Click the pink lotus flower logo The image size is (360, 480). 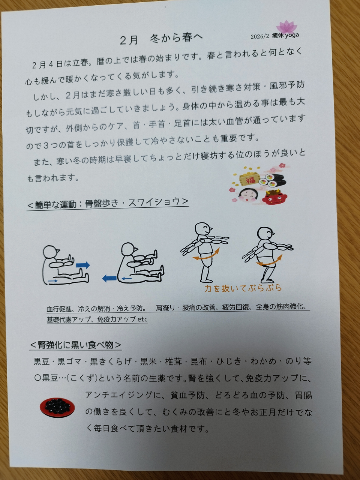[286, 27]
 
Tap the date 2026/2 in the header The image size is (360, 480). [259, 36]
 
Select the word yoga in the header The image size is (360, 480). [292, 36]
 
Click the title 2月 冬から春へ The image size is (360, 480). [161, 39]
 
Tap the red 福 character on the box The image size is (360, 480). [250, 181]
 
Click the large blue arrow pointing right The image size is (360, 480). [83, 265]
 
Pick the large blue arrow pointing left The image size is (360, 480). [109, 278]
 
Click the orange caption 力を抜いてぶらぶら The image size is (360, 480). [243, 288]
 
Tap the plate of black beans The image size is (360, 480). [57, 407]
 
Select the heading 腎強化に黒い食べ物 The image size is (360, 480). [76, 345]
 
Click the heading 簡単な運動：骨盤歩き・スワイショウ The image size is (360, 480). [108, 204]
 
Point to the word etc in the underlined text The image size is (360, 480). [142, 319]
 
